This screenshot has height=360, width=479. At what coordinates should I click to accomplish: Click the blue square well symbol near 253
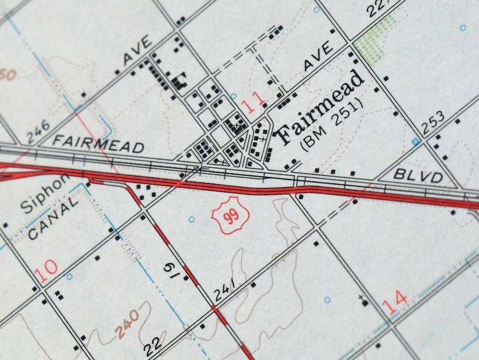tap(416, 142)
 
